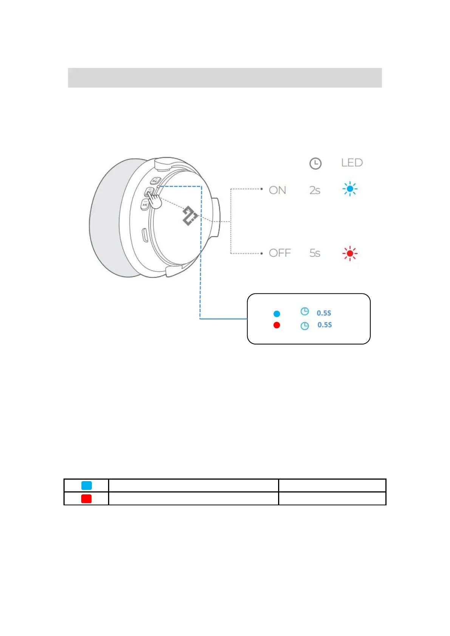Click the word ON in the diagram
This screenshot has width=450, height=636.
pyautogui.click(x=277, y=190)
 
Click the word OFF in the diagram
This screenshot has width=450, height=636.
pyautogui.click(x=280, y=253)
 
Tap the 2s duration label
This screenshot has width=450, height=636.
pyautogui.click(x=315, y=190)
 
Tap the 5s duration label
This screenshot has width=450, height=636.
pyautogui.click(x=315, y=253)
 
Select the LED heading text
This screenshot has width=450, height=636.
pyautogui.click(x=352, y=163)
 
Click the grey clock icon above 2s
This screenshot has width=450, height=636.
pyautogui.click(x=315, y=164)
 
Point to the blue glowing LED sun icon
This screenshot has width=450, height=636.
pyautogui.click(x=350, y=189)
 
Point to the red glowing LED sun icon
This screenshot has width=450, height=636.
pyautogui.click(x=350, y=253)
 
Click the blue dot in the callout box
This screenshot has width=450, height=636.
pyautogui.click(x=277, y=314)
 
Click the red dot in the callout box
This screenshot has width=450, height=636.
pyautogui.click(x=277, y=325)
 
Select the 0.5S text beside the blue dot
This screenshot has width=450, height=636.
pyautogui.click(x=324, y=313)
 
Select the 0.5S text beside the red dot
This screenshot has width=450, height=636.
pyautogui.click(x=325, y=325)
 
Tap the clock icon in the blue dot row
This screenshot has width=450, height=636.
pyautogui.click(x=305, y=312)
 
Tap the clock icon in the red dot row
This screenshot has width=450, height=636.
pyautogui.click(x=305, y=326)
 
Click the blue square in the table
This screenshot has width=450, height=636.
pyautogui.click(x=87, y=485)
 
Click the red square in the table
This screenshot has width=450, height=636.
pyautogui.click(x=87, y=499)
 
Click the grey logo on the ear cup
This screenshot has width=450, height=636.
pyautogui.click(x=190, y=216)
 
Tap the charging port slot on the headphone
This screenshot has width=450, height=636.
pyautogui.click(x=145, y=235)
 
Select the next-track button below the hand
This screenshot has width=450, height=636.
pyautogui.click(x=145, y=205)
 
